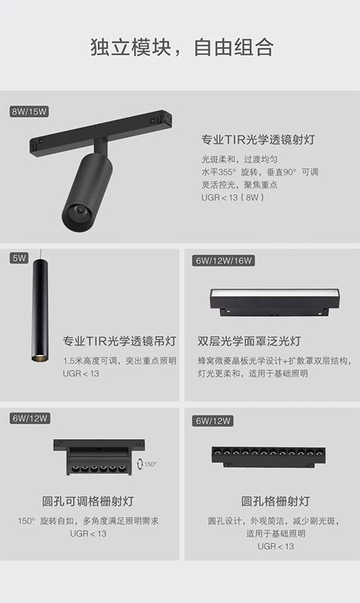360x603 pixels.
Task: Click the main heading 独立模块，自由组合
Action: [x=182, y=48]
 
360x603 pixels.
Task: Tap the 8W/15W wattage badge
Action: [x=29, y=112]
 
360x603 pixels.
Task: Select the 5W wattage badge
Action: [x=19, y=258]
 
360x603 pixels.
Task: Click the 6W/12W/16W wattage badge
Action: [x=224, y=260]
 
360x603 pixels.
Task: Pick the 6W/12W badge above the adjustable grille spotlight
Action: [x=30, y=418]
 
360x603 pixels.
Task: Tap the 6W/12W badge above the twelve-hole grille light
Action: [x=213, y=421]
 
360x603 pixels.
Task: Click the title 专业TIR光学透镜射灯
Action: [x=258, y=140]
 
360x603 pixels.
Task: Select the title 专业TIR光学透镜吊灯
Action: [x=120, y=341]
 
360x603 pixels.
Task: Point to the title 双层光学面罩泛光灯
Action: [x=249, y=341]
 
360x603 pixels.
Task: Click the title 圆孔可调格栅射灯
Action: [x=88, y=501]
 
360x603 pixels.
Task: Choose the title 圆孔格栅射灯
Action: [x=276, y=501]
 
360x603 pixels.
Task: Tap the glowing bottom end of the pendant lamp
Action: [x=40, y=358]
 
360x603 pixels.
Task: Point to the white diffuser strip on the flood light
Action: [x=275, y=293]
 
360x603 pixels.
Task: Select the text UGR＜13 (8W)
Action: [x=233, y=198]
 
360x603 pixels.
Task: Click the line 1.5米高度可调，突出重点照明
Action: [x=120, y=361]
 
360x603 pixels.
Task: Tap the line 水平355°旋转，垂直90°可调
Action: [x=260, y=172]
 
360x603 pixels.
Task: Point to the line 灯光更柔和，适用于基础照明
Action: [x=253, y=373]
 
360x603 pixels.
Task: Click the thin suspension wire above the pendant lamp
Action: [x=40, y=254]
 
